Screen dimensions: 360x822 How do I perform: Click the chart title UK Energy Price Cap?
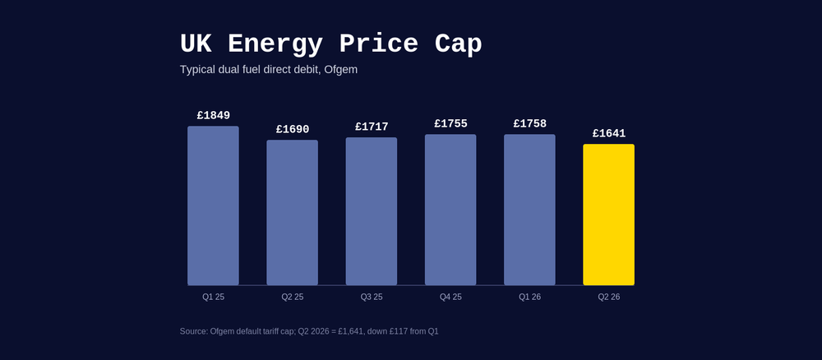[x=330, y=44]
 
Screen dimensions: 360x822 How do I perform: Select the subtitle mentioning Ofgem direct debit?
[x=269, y=70]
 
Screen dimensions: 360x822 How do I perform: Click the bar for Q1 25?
[x=213, y=205]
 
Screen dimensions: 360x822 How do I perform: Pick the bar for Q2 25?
[x=292, y=213]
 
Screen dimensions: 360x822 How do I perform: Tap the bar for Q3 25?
[x=372, y=211]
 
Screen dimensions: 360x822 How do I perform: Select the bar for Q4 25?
[x=450, y=210]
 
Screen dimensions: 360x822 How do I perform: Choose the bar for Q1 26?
[x=529, y=210]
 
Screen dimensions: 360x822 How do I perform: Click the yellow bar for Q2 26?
[x=608, y=215]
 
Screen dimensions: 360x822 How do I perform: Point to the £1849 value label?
[x=213, y=116]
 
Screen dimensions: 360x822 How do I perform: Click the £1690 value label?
[x=292, y=130]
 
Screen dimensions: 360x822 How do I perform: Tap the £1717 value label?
[x=372, y=127]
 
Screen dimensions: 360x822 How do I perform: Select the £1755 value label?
[x=450, y=124]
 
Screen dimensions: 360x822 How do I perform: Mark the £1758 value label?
[x=529, y=124]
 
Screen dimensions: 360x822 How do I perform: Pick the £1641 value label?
[x=608, y=134]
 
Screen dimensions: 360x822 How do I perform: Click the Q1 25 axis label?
[x=213, y=297]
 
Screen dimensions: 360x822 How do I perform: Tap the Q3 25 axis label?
[x=372, y=297]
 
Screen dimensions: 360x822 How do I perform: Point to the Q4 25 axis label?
[x=450, y=297]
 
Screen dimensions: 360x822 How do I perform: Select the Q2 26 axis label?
[x=608, y=297]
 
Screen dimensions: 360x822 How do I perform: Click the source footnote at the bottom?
[x=309, y=331]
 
